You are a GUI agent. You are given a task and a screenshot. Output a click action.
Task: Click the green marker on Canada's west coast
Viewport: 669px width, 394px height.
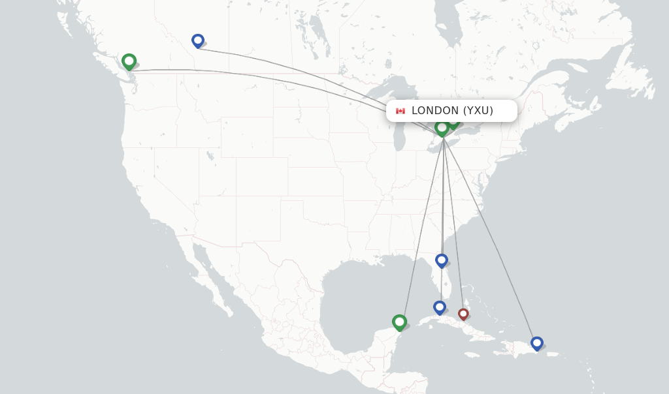tap(129, 61)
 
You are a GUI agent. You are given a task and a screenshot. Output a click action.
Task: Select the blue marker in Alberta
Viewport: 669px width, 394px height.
tap(198, 40)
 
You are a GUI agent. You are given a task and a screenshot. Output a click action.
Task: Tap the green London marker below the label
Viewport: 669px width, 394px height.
tap(442, 127)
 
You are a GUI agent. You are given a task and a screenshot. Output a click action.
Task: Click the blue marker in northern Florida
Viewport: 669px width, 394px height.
tap(442, 260)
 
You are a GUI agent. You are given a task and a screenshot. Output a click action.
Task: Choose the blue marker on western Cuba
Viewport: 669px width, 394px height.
tap(440, 307)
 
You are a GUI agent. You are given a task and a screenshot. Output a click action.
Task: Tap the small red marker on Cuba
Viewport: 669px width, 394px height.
tap(463, 314)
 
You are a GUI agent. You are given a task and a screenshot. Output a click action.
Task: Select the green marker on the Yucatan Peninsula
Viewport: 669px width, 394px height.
tap(399, 322)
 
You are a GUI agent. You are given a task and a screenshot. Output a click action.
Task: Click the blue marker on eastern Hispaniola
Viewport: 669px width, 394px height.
tap(536, 342)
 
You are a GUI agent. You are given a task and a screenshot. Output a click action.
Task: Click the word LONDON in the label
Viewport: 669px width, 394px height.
tap(435, 111)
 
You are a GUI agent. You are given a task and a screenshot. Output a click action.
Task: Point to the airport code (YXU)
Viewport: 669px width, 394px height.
tap(478, 111)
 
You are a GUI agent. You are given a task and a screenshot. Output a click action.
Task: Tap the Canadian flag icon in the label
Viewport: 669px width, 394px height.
tap(400, 111)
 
